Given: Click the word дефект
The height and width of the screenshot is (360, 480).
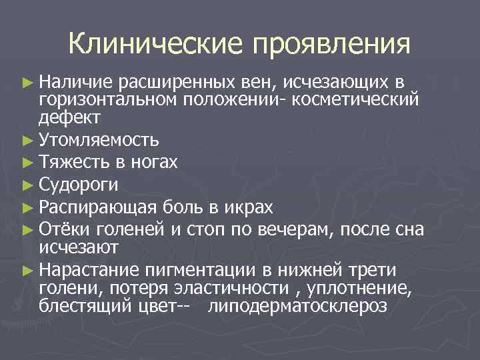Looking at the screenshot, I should point(69,117).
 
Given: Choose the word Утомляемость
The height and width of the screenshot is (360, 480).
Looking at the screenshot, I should point(99,140).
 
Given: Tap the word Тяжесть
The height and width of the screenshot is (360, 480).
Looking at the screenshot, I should point(70,163).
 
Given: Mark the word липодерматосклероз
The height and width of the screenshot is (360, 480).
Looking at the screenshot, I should point(297,306).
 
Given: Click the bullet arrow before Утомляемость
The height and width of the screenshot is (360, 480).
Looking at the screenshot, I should point(27,140).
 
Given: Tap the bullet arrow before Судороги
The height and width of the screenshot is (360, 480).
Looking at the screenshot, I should point(27,185).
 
